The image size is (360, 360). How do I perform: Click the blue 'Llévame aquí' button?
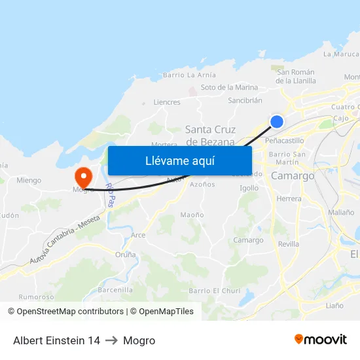click(180, 160)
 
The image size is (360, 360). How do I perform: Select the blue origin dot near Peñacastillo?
click(277, 121)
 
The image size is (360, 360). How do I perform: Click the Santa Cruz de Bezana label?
click(211, 135)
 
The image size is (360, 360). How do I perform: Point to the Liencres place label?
click(166, 102)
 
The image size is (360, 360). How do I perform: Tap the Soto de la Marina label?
click(229, 87)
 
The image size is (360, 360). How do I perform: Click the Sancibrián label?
click(245, 101)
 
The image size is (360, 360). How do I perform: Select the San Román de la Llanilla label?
click(296, 77)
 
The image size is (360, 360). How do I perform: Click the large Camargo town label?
click(293, 176)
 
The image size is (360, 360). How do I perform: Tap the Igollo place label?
click(249, 188)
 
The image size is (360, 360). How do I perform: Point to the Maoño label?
click(192, 215)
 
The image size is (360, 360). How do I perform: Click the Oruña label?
click(125, 255)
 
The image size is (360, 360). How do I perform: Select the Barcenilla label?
click(115, 290)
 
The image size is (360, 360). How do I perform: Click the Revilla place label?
click(288, 243)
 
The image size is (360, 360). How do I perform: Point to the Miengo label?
click(29, 180)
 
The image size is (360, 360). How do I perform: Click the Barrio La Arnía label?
click(189, 75)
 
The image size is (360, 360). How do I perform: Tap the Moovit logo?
click(321, 340)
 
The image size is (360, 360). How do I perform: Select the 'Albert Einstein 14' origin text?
click(56, 340)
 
